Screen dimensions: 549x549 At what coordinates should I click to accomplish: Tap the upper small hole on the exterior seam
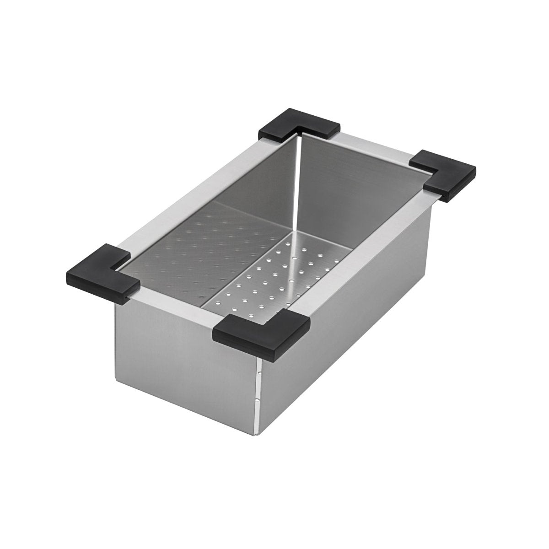[x=259, y=374]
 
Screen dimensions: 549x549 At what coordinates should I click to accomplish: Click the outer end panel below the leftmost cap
[x=183, y=357]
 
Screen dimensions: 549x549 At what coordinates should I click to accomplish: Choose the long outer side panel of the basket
[x=348, y=329]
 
